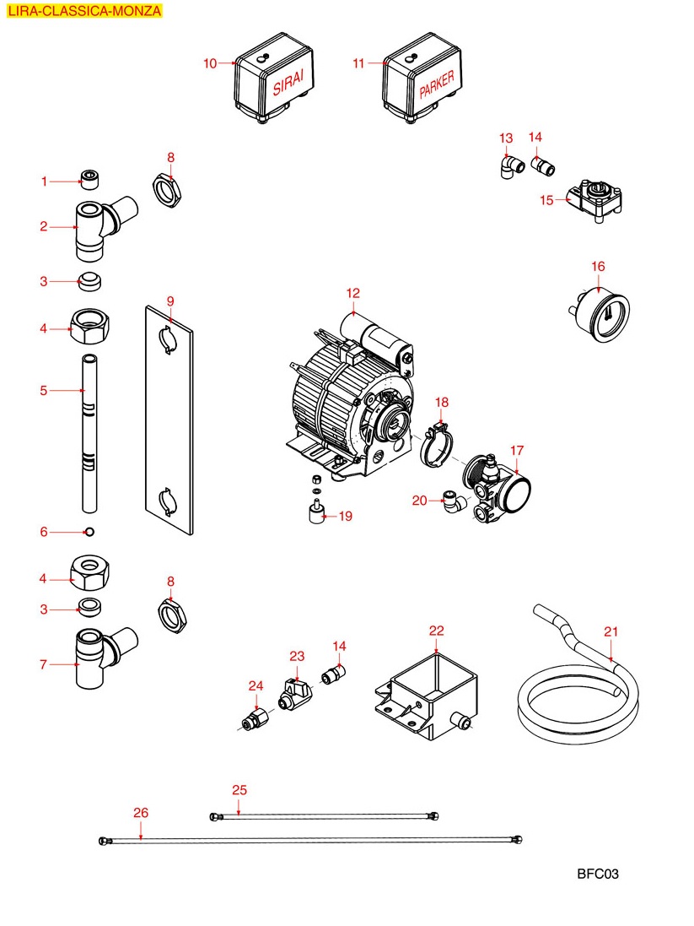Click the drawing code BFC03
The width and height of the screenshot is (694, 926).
pos(598,875)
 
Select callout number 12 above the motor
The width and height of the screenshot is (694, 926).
pos(352,293)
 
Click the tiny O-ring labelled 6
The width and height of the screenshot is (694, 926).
pos(89,532)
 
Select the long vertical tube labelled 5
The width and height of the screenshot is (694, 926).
pos(89,435)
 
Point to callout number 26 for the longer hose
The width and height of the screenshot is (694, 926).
pos(141,813)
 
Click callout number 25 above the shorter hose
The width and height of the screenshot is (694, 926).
pos(239,790)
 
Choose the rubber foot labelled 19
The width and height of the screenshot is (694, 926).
pos(314,512)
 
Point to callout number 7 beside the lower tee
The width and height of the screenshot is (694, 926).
pos(43,664)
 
